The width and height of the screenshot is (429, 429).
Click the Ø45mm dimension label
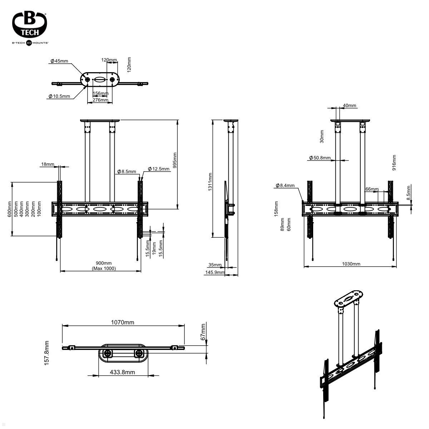59,61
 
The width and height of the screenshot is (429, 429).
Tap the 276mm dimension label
100,100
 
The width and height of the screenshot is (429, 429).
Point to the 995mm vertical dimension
175,161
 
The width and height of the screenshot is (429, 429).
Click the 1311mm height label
210,181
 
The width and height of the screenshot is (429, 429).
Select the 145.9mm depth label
215,272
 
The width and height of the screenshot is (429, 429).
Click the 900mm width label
104,263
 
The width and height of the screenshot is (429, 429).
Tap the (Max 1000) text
104,268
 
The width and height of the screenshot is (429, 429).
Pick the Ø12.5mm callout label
159,169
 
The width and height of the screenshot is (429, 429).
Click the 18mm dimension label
48,164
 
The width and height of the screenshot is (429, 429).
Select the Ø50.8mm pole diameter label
320,158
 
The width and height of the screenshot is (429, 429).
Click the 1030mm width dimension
351,264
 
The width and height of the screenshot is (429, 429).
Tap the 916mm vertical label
394,162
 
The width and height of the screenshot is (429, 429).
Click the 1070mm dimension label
123,322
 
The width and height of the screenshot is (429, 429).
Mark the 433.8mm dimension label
122,372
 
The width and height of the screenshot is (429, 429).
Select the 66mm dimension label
372,189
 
